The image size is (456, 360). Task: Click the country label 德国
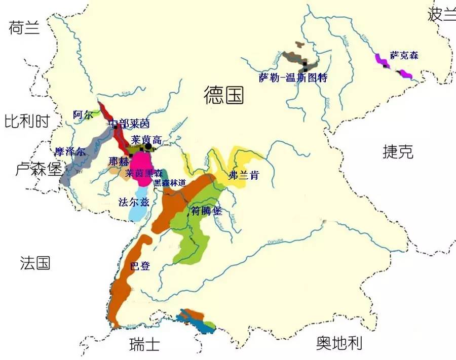tap(223, 95)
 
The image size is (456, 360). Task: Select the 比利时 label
tap(27, 122)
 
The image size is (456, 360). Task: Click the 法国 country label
tap(35, 263)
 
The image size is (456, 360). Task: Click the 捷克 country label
tap(398, 151)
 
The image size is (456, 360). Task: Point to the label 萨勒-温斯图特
tap(293, 78)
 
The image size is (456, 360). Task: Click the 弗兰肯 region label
tap(244, 175)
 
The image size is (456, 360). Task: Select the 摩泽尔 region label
tap(70, 151)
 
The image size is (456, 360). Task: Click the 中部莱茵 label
tap(129, 124)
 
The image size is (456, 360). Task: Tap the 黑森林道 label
tap(171, 183)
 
